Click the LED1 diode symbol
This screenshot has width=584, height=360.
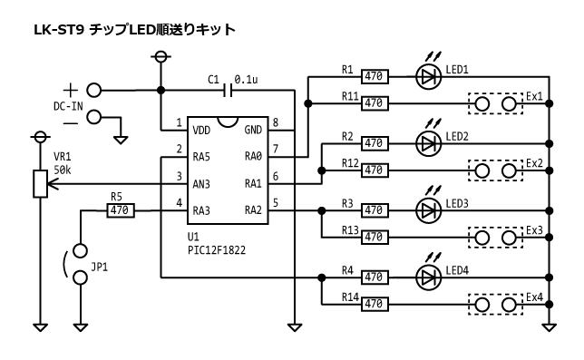[x=428, y=77]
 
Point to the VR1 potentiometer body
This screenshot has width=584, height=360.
[x=39, y=184]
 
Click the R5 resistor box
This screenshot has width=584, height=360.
[x=120, y=210]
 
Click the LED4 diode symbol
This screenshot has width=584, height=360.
[x=428, y=277]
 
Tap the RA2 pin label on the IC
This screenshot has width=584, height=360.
[x=253, y=210]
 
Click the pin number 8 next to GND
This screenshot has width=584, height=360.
[x=275, y=123]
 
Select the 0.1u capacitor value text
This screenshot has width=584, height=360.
[x=247, y=79]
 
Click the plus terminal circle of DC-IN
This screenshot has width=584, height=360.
[x=93, y=90]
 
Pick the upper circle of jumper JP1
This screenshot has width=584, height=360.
[x=80, y=249]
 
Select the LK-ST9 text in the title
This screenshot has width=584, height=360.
[x=59, y=29]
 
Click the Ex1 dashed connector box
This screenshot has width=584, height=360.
[x=496, y=103]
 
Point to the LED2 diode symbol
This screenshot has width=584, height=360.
[x=428, y=143]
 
